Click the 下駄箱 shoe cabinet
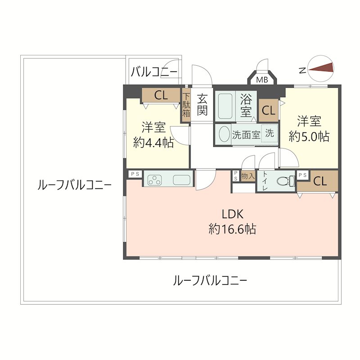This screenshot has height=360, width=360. [x=186, y=105]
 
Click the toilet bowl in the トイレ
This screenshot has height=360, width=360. [x=284, y=181]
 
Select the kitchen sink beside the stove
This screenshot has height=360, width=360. [x=182, y=179]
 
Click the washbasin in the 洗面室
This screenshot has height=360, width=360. [x=224, y=135]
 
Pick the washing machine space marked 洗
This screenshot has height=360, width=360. [x=269, y=134]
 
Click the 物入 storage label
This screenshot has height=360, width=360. [x=248, y=176]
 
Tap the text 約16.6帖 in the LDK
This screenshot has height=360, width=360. [x=232, y=229]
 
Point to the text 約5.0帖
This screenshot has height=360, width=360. [x=309, y=136]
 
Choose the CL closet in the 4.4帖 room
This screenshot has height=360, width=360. [x=161, y=95]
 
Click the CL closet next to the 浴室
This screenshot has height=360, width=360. [x=269, y=110]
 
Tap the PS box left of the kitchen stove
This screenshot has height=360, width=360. [x=134, y=174]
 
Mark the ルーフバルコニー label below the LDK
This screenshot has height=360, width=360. [x=210, y=281]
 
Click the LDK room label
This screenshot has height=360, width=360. [x=232, y=214]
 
